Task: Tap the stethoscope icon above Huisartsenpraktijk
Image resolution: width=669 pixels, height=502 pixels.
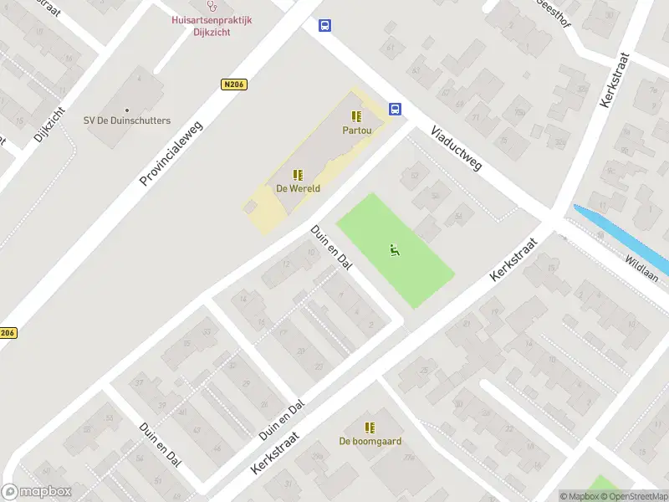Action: point(212,6)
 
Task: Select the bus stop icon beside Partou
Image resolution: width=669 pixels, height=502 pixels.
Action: point(395,109)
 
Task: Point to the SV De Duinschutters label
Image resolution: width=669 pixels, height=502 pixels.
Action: point(127,120)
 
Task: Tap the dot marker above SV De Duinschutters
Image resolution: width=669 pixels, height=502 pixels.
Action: point(127,110)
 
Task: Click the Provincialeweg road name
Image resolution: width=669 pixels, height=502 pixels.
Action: point(173,151)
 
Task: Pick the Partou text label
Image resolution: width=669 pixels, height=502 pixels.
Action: point(356,131)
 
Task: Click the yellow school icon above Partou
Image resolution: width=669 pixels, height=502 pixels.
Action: point(356,116)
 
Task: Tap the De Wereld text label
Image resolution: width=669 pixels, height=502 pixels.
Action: point(297,188)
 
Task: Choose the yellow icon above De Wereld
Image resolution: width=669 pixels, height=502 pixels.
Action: point(297,174)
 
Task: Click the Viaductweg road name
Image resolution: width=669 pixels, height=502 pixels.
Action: point(457,149)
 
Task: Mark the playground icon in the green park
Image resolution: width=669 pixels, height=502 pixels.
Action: point(395,248)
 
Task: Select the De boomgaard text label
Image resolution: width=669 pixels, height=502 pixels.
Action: point(370,441)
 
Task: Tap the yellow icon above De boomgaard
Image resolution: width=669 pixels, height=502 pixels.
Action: point(370,427)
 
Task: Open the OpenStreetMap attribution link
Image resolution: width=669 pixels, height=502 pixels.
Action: point(633,496)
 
